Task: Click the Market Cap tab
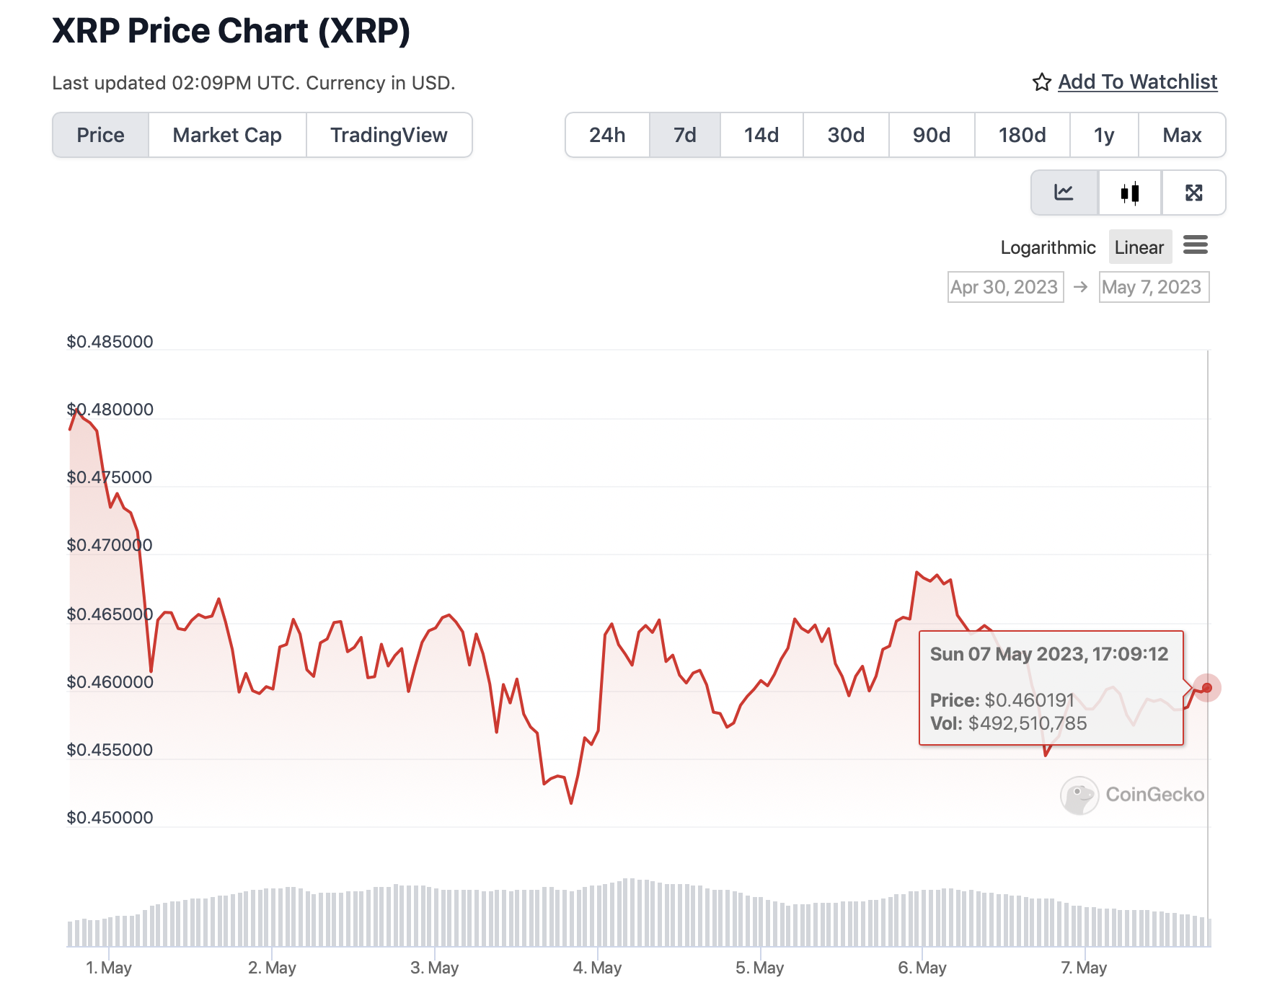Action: [227, 135]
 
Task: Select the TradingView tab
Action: [389, 135]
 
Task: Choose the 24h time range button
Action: [607, 135]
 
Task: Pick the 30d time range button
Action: [846, 135]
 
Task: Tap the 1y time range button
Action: [1104, 135]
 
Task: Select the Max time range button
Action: [1182, 135]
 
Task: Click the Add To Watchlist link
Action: [1137, 82]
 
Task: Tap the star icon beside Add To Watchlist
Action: [1041, 82]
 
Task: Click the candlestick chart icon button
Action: [1130, 193]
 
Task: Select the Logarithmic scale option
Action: [1048, 247]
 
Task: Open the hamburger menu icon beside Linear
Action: [1196, 245]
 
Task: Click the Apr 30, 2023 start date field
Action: [1004, 287]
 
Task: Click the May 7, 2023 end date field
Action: [1152, 287]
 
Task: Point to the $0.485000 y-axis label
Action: [110, 342]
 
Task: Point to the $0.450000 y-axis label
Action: [110, 818]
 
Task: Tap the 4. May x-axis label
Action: [597, 968]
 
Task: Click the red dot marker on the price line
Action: [1207, 687]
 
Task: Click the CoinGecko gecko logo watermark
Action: [1079, 795]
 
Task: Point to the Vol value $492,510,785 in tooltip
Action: [1027, 723]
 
